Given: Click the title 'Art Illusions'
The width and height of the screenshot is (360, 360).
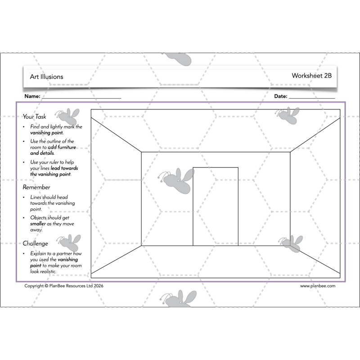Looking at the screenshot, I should point(46,76).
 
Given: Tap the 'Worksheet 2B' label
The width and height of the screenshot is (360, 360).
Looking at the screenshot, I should point(311,76).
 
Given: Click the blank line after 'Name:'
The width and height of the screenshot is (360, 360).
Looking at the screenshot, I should point(81,96).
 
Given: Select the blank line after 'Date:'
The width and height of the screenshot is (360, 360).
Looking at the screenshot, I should point(311,96).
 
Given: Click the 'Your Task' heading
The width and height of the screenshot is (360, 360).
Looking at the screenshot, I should point(34,117).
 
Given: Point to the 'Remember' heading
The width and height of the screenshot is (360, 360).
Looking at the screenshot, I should point(36,187).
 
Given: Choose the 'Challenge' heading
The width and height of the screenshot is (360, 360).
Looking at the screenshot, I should point(36,243).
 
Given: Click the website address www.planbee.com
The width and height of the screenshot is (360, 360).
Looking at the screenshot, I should point(317,286).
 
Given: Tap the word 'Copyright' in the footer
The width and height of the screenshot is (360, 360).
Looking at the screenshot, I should point(34,286).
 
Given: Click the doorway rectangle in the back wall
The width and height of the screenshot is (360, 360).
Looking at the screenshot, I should point(216,207).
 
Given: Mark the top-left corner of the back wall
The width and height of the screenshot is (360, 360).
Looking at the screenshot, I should point(141,152).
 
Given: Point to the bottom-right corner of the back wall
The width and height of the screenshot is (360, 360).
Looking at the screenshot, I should point(290,246).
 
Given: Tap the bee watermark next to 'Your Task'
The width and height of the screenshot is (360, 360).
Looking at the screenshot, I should point(67,116).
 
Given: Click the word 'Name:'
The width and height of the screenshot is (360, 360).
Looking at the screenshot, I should point(32,96).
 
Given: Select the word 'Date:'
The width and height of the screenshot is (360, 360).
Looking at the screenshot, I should point(280,96).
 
